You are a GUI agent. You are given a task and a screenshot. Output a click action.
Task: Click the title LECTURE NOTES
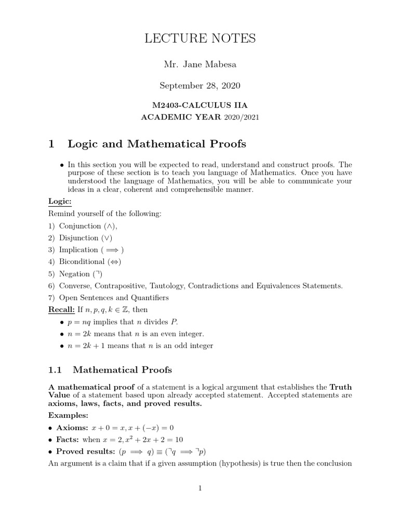coord(200,38)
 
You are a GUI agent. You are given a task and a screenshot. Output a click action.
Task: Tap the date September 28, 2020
coord(200,85)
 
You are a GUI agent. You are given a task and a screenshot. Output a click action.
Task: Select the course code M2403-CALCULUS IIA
coord(200,106)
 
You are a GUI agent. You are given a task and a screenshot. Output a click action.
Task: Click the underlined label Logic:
coord(60,201)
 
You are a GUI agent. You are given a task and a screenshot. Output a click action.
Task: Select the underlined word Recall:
coord(61,310)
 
